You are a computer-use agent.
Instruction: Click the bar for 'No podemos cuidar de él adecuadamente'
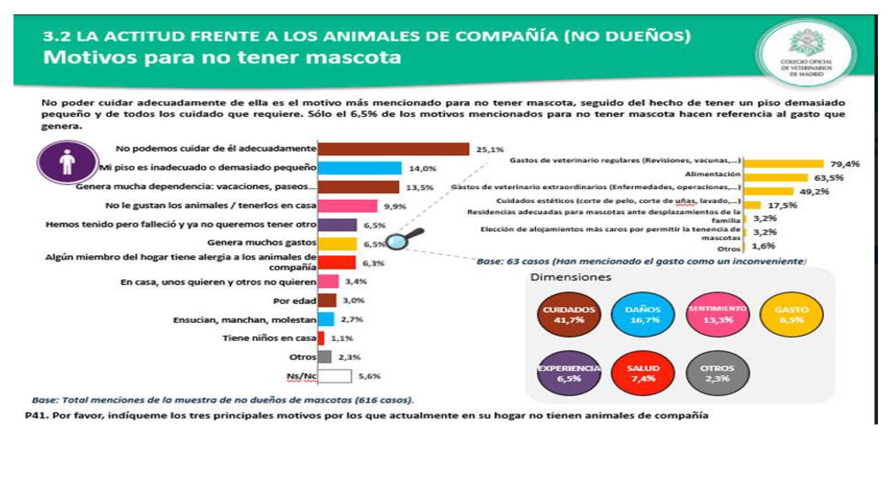pos(393,149)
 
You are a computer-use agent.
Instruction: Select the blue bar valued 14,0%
pos(359,168)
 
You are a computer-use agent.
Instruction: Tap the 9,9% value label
pos(395,206)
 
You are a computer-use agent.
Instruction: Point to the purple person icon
pos(68,162)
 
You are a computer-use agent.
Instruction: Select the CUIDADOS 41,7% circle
pos(569,315)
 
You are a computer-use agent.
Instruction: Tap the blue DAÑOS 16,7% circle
pos(642,315)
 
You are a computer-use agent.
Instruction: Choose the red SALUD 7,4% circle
pos(643,373)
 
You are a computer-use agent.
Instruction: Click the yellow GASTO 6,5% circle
pos(791,315)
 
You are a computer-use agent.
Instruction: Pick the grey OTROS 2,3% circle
pos(717,373)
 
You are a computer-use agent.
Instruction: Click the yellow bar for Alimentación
pos(776,178)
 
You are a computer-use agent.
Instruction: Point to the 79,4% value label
pos(845,164)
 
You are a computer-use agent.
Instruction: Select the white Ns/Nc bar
pos(335,376)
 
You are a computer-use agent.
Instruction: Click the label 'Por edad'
pos(294,301)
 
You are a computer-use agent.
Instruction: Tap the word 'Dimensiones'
pos(571,277)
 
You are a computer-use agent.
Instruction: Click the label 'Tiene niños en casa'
pos(269,338)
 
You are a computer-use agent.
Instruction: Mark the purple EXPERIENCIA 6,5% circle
pos(569,373)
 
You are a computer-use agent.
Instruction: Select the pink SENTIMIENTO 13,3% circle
pos(718,315)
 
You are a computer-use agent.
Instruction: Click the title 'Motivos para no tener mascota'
pos(222,58)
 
